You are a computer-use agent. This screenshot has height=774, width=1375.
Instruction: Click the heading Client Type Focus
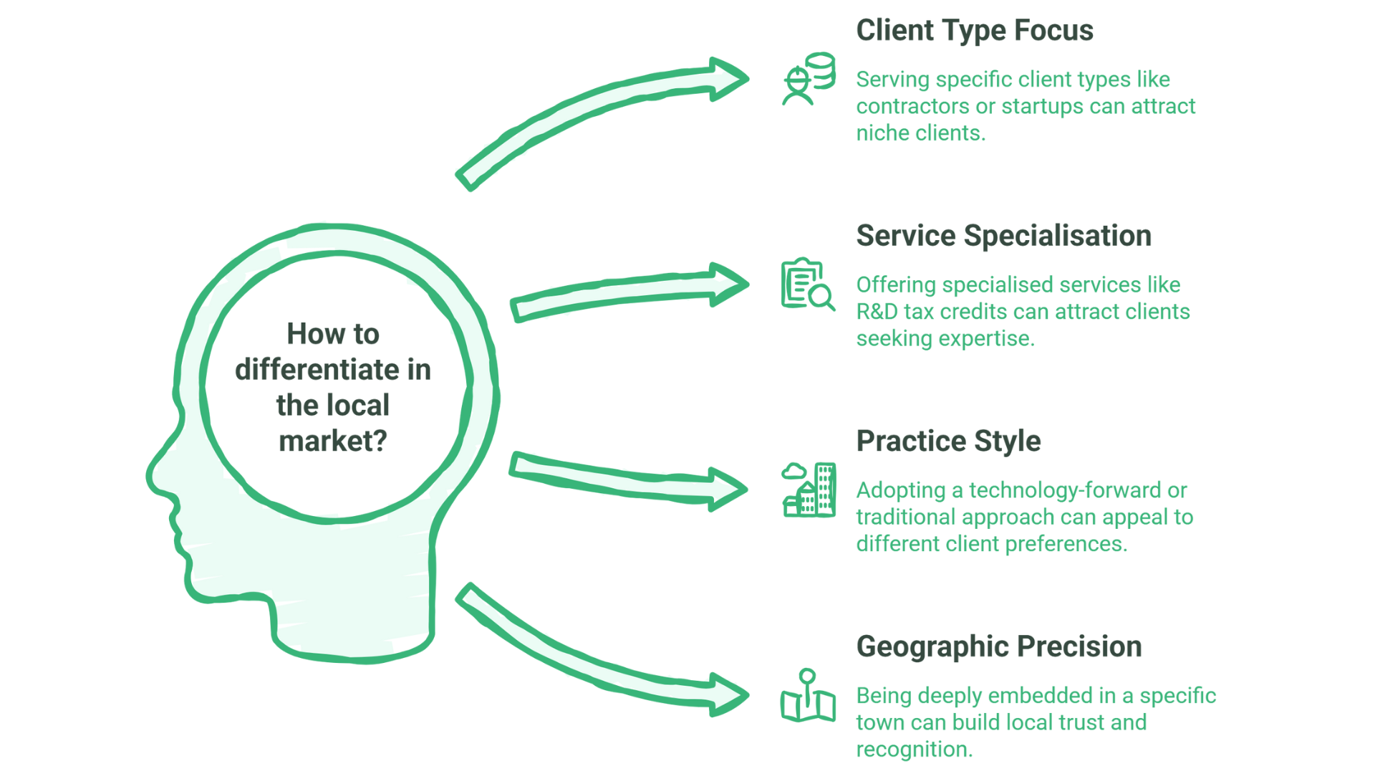pyautogui.click(x=974, y=31)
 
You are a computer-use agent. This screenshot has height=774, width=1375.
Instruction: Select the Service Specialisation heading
pyautogui.click(x=1003, y=236)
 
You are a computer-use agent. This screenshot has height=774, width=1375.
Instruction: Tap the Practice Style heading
pyautogui.click(x=948, y=441)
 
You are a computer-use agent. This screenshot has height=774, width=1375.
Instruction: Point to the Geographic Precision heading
pyautogui.click(x=998, y=646)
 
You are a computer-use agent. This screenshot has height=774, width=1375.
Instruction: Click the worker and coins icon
pyautogui.click(x=808, y=79)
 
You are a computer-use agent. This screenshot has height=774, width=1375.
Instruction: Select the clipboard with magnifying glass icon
pyautogui.click(x=807, y=284)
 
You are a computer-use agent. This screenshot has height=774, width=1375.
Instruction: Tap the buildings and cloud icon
pyautogui.click(x=809, y=489)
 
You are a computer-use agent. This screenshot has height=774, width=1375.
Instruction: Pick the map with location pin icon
pyautogui.click(x=808, y=696)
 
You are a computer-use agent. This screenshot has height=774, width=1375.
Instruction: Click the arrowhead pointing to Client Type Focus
pyautogui.click(x=729, y=79)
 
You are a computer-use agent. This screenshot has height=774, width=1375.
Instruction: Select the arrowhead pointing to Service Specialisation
pyautogui.click(x=729, y=284)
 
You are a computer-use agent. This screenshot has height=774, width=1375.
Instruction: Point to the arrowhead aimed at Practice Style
pyautogui.click(x=729, y=489)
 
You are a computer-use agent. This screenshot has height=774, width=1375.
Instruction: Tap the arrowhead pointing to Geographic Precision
pyautogui.click(x=729, y=694)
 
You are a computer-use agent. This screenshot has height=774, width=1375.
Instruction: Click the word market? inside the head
pyautogui.click(x=333, y=441)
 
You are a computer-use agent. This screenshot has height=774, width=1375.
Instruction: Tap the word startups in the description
pyautogui.click(x=1042, y=106)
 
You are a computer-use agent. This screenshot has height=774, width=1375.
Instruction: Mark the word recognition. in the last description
pyautogui.click(x=914, y=750)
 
